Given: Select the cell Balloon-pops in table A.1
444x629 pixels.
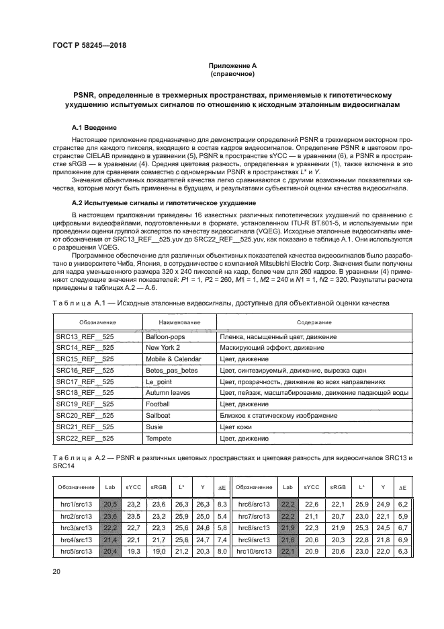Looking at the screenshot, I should [165, 337].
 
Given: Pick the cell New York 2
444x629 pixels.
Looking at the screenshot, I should [162, 348].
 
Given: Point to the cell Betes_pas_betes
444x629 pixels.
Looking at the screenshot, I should [171, 369].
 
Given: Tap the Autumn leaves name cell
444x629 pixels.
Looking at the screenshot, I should [168, 392].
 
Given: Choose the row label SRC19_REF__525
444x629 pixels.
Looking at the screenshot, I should [85, 402].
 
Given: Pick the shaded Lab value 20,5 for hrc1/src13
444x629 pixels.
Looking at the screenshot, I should [110, 503].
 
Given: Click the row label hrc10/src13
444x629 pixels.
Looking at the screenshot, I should [254, 551].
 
